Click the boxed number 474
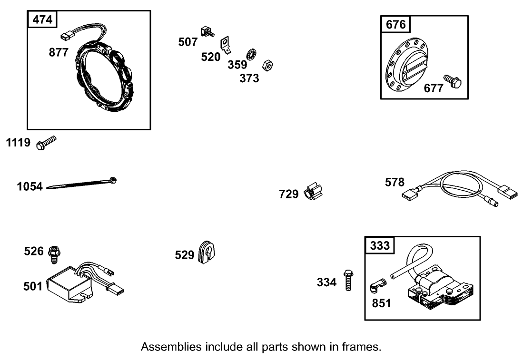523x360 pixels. pyautogui.click(x=43, y=20)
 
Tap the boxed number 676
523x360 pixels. pyautogui.click(x=396, y=24)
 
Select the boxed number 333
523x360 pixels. pyautogui.click(x=380, y=245)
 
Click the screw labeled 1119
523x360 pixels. pyautogui.click(x=46, y=143)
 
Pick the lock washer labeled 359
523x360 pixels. pyautogui.click(x=251, y=54)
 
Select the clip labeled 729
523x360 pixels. pyautogui.click(x=313, y=192)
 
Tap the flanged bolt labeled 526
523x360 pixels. pyautogui.click(x=54, y=253)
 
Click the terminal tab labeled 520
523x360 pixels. pyautogui.click(x=226, y=45)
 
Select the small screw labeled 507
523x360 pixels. pyautogui.click(x=207, y=32)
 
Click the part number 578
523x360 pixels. pyautogui.click(x=395, y=183)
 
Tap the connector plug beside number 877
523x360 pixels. pyautogui.click(x=67, y=35)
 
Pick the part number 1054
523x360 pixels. pyautogui.click(x=30, y=187)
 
